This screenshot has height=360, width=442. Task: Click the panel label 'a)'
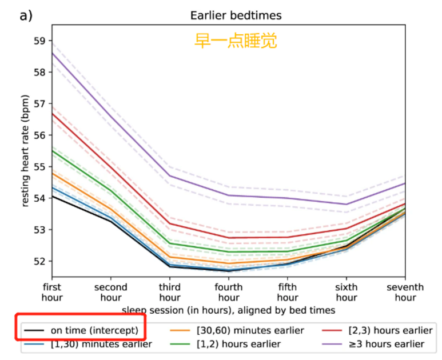click(26, 15)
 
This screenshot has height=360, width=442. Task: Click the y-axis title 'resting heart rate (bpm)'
click(26, 151)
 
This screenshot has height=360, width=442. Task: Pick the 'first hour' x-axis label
click(52, 292)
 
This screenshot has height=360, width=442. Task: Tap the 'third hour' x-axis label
click(170, 292)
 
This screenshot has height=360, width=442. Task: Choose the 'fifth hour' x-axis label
click(288, 292)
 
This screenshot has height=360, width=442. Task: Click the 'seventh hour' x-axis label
click(405, 292)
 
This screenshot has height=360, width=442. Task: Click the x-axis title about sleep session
click(228, 310)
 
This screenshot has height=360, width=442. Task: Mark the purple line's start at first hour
click(53, 53)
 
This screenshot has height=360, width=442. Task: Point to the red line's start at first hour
click(53, 114)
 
